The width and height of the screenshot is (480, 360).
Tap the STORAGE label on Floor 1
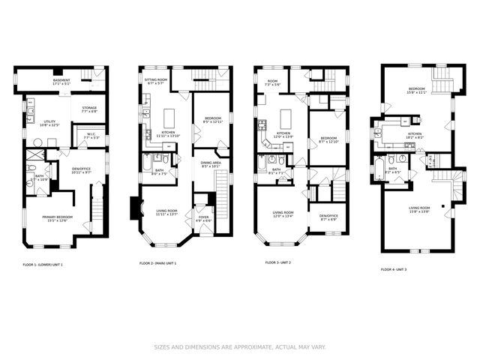[x=88, y=110]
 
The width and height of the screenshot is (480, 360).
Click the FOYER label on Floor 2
[x=203, y=219]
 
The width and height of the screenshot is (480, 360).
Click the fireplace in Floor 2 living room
[x=135, y=207]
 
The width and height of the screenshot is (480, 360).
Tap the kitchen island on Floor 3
[x=286, y=118]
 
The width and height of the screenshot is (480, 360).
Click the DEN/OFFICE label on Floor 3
[x=328, y=217]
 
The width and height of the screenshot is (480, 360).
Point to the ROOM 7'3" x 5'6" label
[x=272, y=82]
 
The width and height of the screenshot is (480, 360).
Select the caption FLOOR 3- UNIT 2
[x=285, y=263]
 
